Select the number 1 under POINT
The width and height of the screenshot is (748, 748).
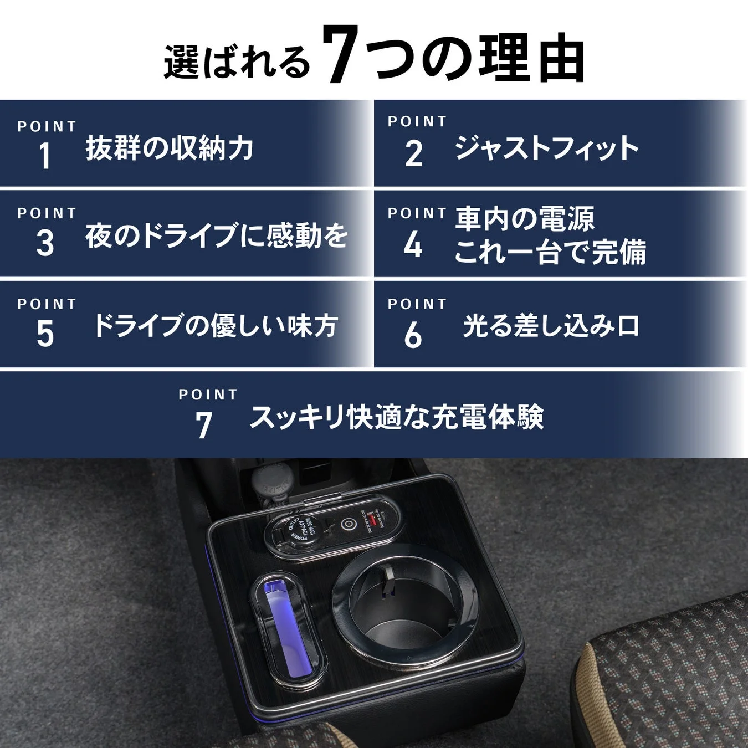point(45,156)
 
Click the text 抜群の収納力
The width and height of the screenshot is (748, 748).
point(169,148)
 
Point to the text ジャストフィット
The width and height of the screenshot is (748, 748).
point(546,148)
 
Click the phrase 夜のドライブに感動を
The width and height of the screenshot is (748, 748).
point(217,235)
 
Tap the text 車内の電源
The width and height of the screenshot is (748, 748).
point(525,219)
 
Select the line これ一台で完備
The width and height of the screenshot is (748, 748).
point(550,253)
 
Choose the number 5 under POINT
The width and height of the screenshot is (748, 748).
point(45,334)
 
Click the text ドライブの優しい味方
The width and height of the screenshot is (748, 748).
point(216,326)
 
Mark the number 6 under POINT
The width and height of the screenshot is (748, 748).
point(413,335)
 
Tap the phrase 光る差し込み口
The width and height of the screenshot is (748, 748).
point(551,326)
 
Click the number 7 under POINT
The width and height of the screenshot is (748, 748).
point(204,426)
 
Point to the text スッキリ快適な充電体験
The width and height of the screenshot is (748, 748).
point(396,417)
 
